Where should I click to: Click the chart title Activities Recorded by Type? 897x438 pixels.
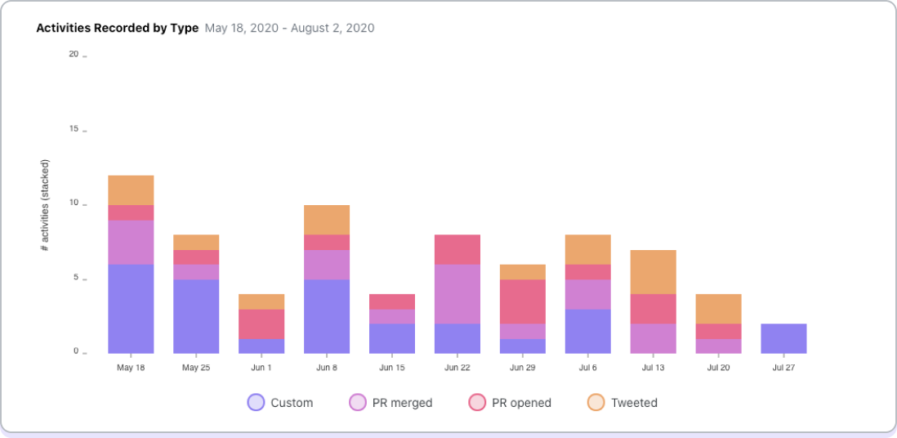117,28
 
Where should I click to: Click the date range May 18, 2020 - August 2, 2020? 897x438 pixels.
289,28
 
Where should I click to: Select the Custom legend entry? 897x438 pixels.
280,402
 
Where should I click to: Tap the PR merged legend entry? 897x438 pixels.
390,402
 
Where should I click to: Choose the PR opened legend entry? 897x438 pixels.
510,402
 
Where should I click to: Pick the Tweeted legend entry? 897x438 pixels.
623,402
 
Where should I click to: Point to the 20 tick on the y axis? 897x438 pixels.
74,55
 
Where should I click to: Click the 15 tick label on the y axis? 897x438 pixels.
74,129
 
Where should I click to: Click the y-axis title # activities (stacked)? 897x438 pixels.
45,204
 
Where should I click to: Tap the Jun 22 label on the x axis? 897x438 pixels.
457,368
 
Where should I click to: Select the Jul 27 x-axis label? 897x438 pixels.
783,368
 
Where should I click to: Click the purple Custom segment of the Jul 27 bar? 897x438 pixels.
783,338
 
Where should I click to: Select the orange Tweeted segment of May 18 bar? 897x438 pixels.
131,190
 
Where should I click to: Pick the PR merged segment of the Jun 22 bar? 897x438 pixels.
457,294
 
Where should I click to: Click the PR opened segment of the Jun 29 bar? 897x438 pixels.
522,302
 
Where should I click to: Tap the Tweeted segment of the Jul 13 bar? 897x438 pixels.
653,272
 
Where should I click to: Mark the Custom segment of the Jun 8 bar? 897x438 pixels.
326,316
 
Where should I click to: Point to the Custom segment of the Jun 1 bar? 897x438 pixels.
261,346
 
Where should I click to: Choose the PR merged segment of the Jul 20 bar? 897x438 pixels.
718,346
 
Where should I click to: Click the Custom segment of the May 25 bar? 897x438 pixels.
196,316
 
